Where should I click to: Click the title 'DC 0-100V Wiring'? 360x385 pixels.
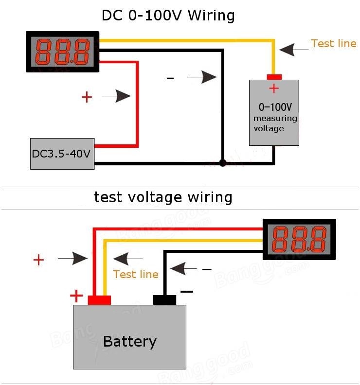(x=168, y=16)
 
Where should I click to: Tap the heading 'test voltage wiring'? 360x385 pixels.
(x=163, y=197)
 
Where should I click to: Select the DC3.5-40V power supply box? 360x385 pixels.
(x=62, y=154)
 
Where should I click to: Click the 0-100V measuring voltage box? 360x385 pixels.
(x=274, y=112)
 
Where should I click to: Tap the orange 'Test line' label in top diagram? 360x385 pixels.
(x=333, y=44)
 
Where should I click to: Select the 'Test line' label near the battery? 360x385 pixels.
(x=136, y=275)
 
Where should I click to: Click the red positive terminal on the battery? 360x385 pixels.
(x=99, y=300)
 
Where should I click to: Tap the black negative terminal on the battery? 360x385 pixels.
(x=164, y=300)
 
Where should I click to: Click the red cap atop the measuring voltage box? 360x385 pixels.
(x=274, y=77)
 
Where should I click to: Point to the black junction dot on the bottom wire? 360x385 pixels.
(x=223, y=163)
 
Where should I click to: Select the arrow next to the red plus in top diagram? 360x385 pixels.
(x=116, y=96)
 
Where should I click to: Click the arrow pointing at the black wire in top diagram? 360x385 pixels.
(x=202, y=77)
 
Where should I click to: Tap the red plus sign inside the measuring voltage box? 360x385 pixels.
(x=274, y=88)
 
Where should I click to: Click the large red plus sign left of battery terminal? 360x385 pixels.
(x=76, y=296)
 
